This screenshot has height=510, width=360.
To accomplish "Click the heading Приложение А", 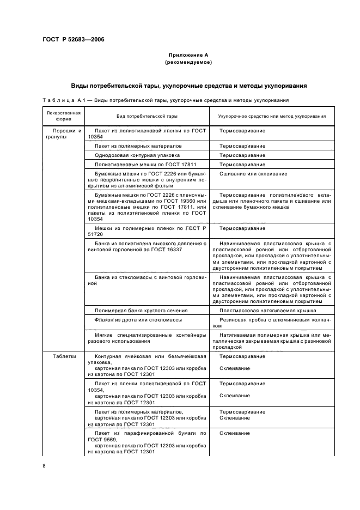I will pos(188,56).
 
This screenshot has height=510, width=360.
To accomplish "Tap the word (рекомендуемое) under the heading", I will pos(188,63).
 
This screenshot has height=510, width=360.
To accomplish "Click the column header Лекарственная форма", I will pos(63,116).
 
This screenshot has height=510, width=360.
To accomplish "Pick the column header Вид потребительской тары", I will pos(147,116).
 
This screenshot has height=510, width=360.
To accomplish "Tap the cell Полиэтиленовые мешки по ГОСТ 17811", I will pos(145,164).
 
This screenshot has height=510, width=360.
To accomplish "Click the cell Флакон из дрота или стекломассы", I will pos(138,320).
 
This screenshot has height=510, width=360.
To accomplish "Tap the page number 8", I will pos(45,466).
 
